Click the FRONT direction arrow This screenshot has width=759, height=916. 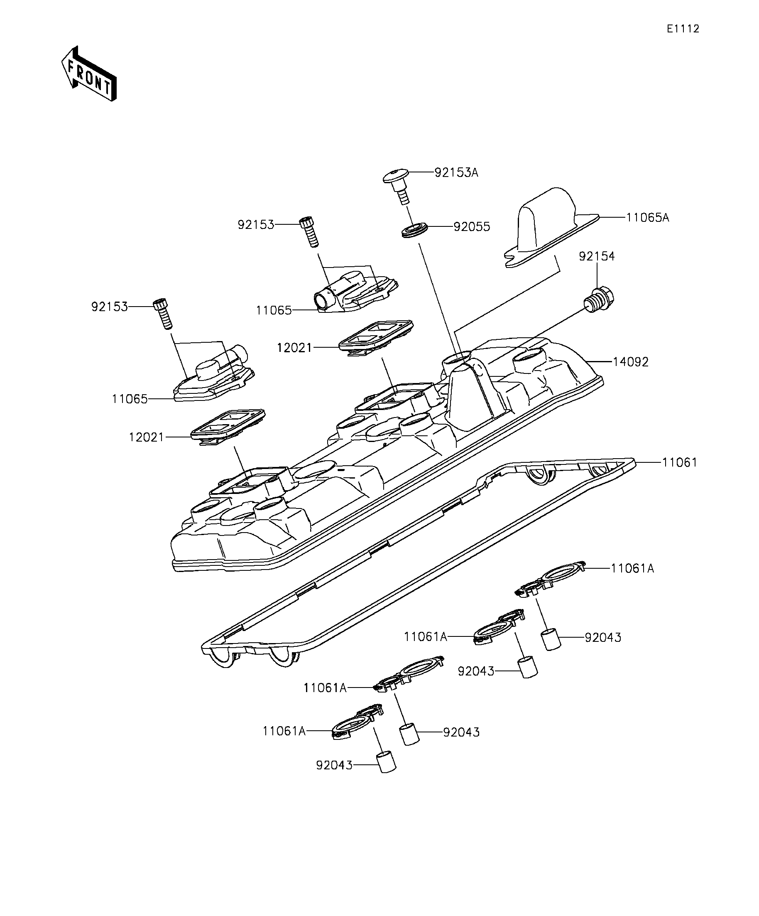pos(89,74)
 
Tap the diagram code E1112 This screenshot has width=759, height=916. pos(683,29)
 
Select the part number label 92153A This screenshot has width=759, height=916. pos(456,173)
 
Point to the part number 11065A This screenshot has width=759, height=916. pos(647,217)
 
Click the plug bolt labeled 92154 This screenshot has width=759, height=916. pos(599,300)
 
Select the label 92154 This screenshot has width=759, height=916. pos(597,256)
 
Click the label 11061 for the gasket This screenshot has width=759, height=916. pos(680,462)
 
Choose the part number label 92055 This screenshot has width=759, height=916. pos(472,227)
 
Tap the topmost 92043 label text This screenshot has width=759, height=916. pos(603,637)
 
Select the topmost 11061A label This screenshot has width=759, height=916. pos(632,568)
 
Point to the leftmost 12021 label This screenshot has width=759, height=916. pos(147,437)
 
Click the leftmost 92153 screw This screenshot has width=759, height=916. pos(163,314)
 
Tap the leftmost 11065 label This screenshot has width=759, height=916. pos(130,399)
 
